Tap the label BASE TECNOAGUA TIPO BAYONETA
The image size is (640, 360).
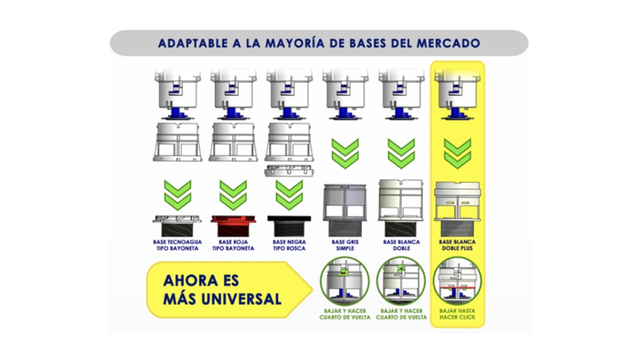coord(177,245)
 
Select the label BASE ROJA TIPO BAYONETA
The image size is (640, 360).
coord(233,245)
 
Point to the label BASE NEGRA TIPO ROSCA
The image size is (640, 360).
coord(289,245)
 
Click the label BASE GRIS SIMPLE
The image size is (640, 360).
coord(345,245)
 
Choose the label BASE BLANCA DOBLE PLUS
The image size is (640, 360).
coord(457,245)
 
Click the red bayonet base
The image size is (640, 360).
coord(233,226)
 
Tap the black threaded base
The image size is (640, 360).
coord(289,226)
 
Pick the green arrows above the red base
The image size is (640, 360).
coord(233,195)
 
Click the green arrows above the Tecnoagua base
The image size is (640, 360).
coord(177,195)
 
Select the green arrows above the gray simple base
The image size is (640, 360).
coord(345,153)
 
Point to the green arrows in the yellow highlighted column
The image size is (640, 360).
coord(457,153)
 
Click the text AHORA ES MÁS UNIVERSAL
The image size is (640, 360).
coord(222,290)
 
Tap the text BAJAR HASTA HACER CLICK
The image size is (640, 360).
coord(457,314)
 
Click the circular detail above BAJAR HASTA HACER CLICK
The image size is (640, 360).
coord(457,281)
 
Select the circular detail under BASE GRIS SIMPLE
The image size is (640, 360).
coord(345,281)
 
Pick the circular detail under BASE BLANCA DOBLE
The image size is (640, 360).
coord(401,281)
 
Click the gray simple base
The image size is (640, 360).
coord(345,210)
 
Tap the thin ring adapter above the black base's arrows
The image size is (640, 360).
coord(289,171)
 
